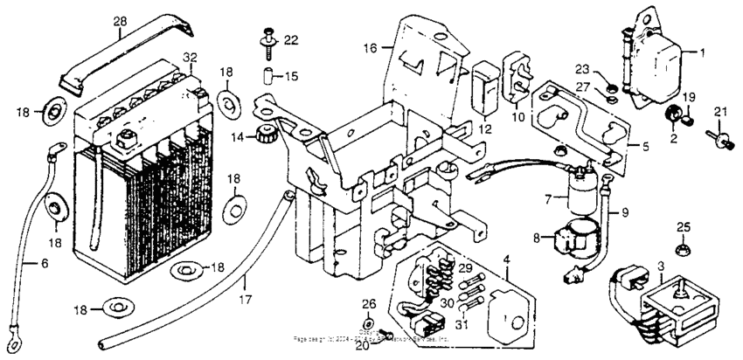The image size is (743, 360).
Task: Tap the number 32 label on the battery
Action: click(191, 58)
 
